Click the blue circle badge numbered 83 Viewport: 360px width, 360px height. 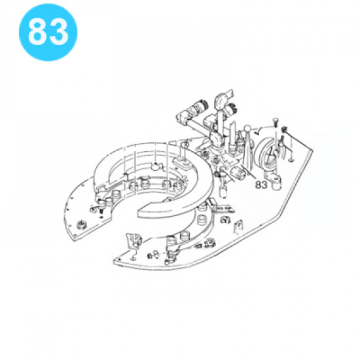tap(48, 32)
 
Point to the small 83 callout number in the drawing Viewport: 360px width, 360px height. tap(261, 185)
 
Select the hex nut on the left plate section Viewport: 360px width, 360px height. tap(81, 224)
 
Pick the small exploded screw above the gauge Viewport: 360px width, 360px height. tap(275, 122)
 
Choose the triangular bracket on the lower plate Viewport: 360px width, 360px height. tap(134, 241)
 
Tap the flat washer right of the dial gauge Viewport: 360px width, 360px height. tap(291, 160)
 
